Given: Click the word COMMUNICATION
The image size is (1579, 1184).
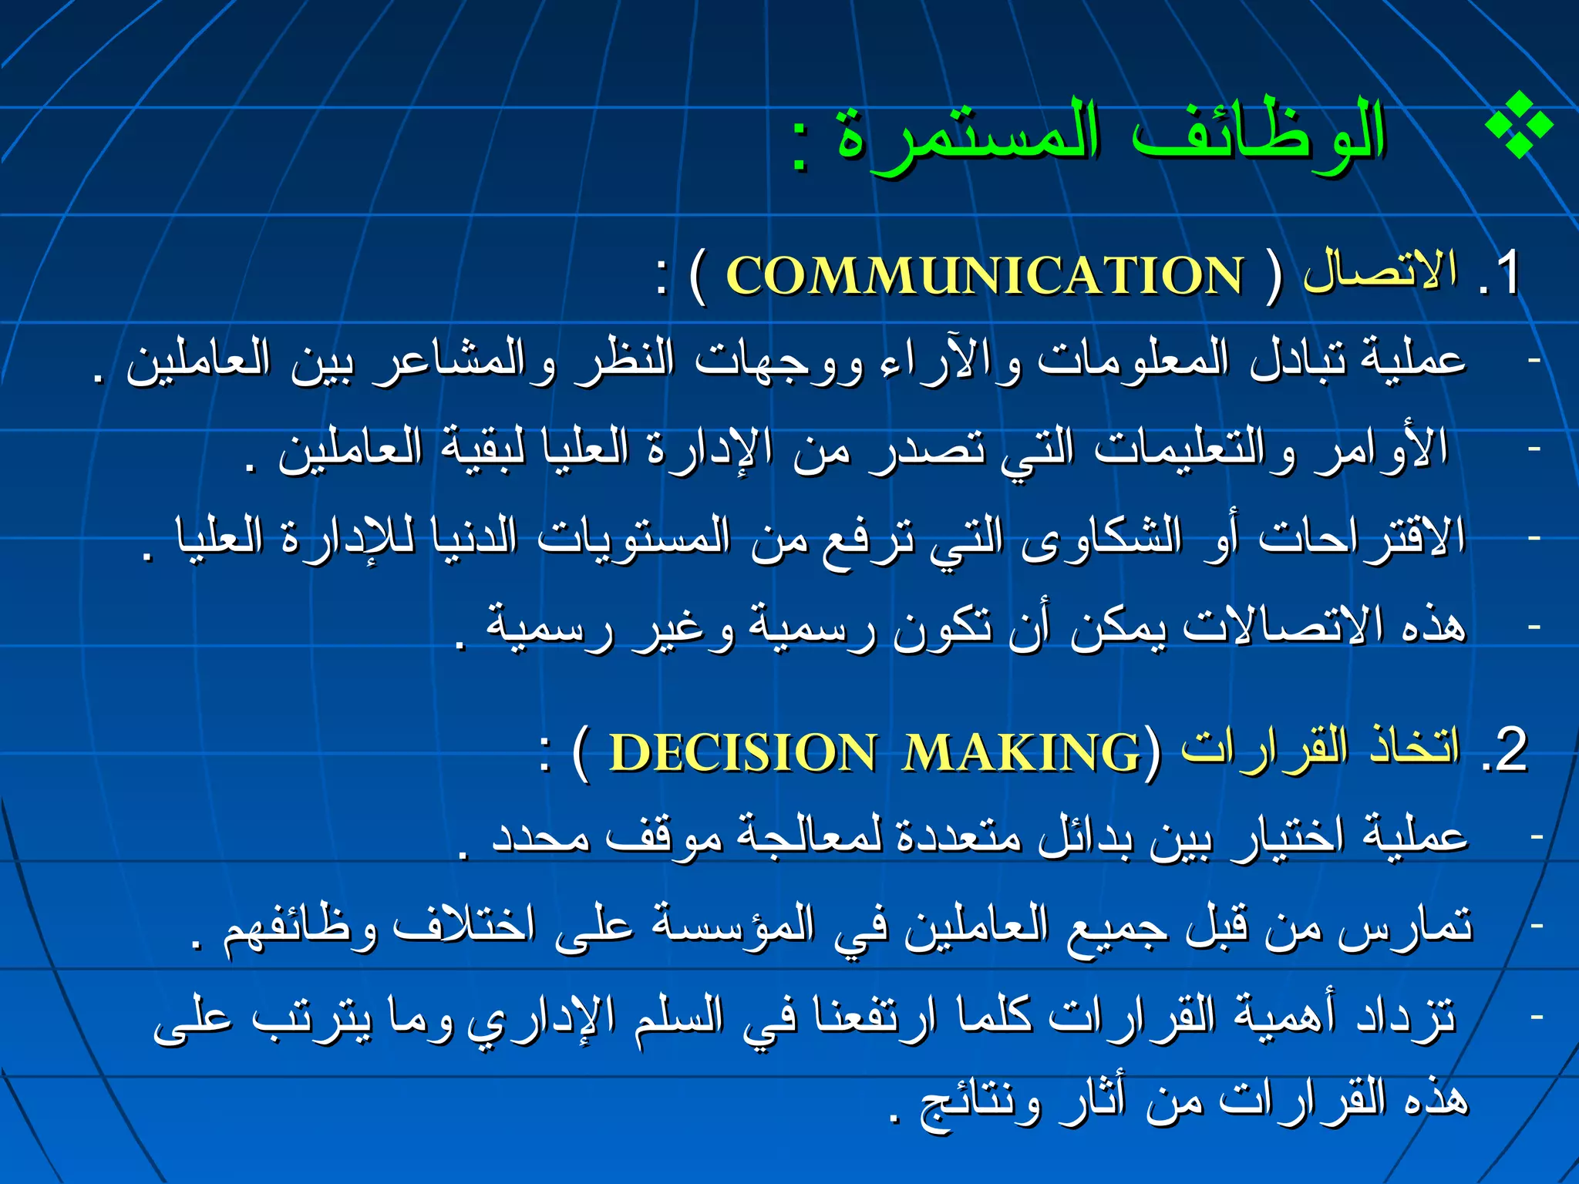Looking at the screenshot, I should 985,275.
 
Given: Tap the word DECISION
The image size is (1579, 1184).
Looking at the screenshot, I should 742,752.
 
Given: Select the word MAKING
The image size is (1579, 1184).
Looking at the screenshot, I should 1022,752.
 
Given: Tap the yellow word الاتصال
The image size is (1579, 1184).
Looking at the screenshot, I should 1380,271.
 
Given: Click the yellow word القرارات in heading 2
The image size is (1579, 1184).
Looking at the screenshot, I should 1265,748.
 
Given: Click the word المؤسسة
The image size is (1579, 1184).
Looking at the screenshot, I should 733,925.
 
